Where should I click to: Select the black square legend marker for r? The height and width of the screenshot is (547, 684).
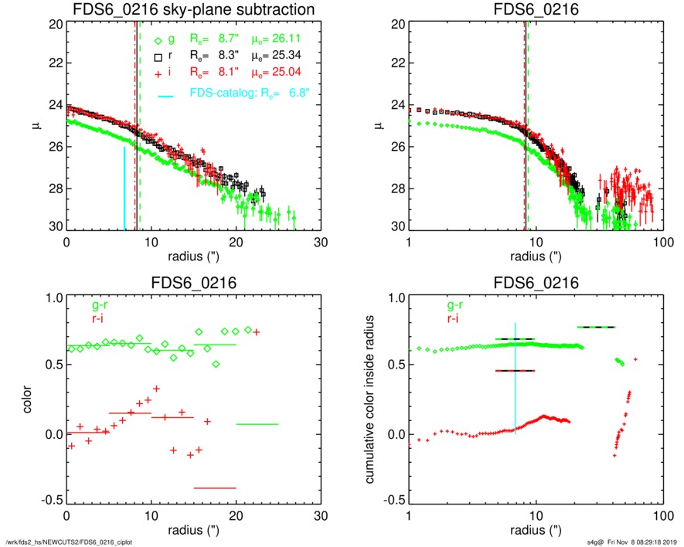click(158, 57)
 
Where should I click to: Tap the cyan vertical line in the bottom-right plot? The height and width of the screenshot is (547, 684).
click(516, 379)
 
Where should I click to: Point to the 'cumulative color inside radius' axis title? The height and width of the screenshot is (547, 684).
click(372, 399)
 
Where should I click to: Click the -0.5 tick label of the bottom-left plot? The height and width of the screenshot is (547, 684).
click(53, 501)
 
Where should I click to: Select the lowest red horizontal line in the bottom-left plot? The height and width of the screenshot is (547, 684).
click(215, 488)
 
